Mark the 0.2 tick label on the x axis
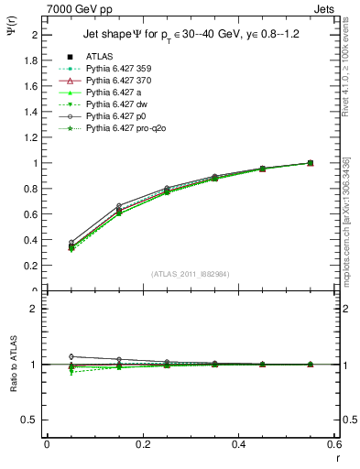(142, 443)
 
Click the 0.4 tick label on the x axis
(238, 443)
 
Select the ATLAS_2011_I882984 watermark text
(191, 274)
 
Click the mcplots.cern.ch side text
(345, 234)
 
